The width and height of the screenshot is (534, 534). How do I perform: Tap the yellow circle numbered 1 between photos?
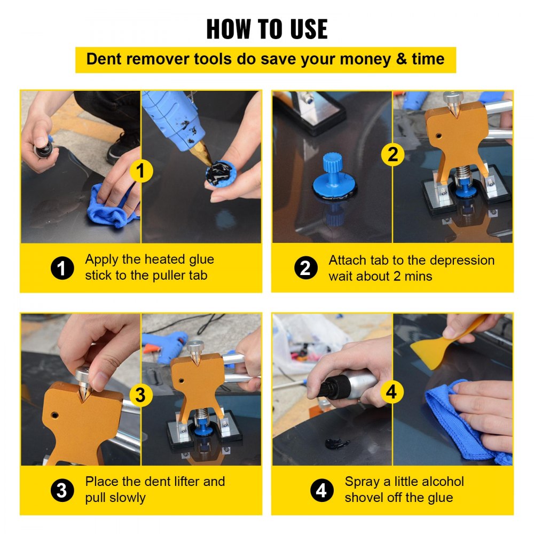tap(141, 171)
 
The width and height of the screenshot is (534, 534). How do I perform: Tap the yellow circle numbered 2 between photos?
tap(392, 155)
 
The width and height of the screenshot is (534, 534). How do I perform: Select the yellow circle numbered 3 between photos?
tap(140, 396)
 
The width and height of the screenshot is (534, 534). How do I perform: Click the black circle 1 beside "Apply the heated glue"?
tap(62, 268)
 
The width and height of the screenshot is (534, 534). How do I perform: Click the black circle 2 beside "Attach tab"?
tap(305, 268)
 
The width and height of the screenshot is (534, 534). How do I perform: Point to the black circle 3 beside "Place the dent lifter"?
tap(62, 490)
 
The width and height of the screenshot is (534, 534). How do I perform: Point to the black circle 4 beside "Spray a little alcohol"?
tap(321, 490)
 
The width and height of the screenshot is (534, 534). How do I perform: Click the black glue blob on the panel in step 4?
tap(337, 443)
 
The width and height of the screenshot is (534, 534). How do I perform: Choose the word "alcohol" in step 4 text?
tap(438, 482)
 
